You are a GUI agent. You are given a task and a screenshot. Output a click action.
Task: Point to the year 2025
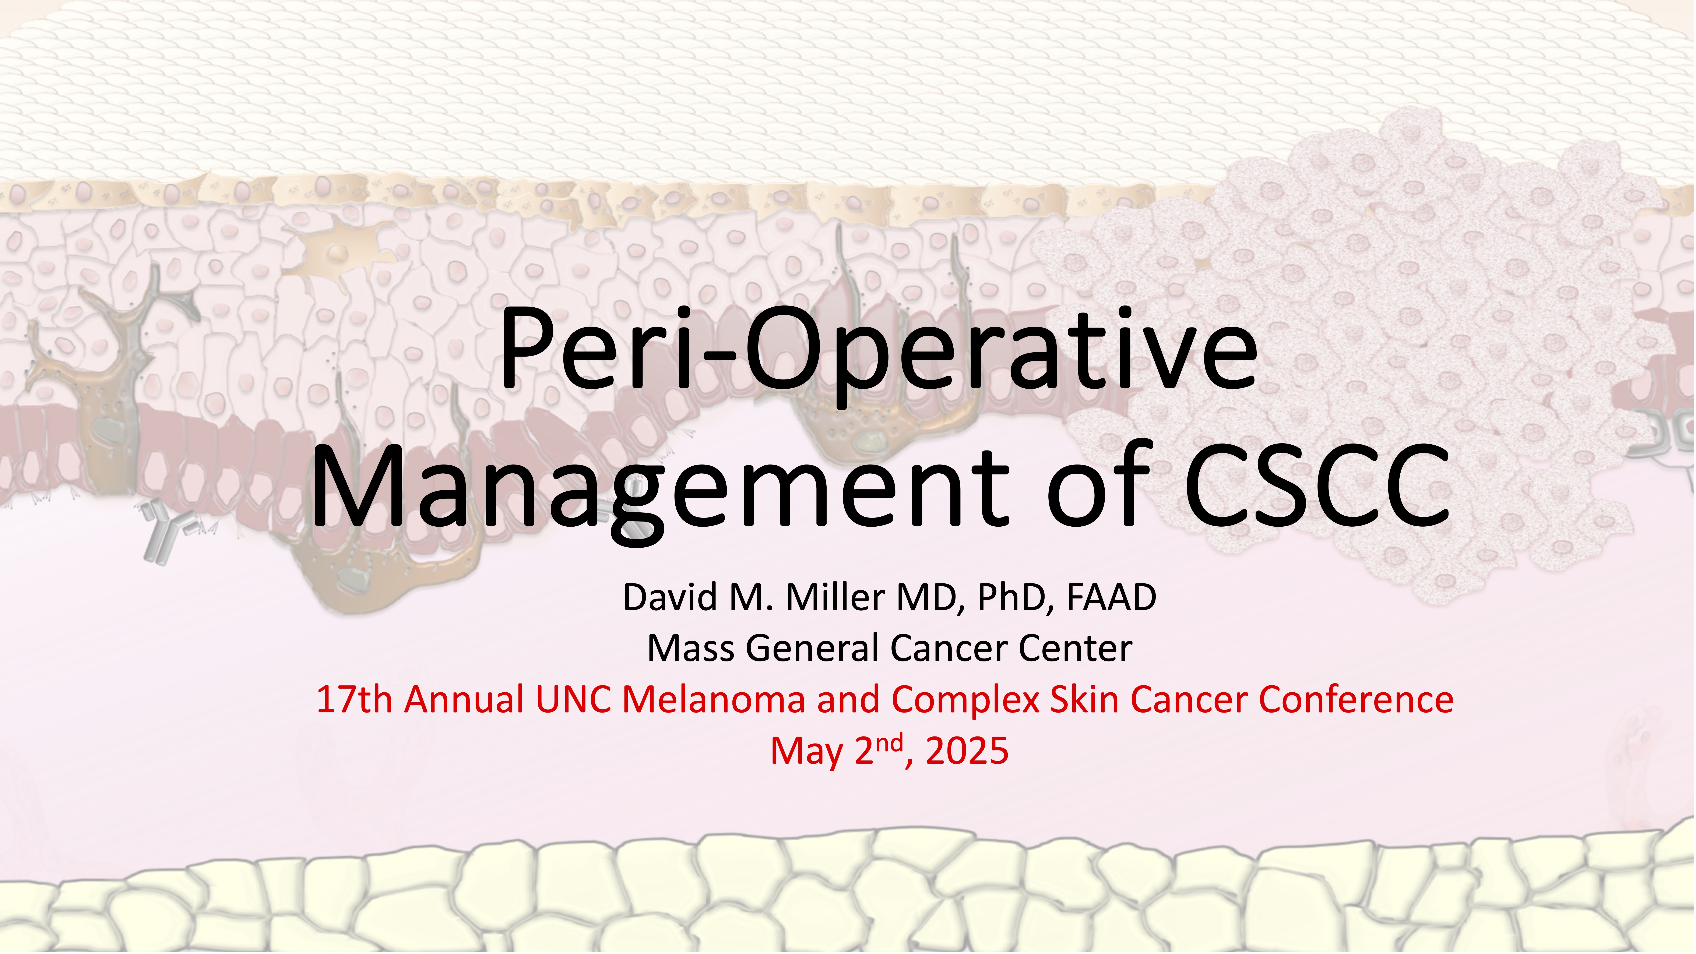967,750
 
